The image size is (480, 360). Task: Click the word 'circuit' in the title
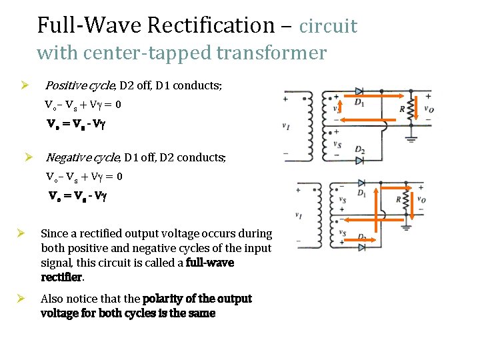pos(328,26)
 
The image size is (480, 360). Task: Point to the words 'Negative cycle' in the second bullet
pos(81,157)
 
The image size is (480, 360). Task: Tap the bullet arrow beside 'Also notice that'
pos(21,299)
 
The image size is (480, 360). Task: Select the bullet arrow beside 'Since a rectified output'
pos(21,233)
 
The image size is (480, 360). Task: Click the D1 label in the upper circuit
pos(359,102)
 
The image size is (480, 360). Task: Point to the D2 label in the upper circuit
pos(359,150)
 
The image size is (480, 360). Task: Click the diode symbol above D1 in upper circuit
pos(359,91)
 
